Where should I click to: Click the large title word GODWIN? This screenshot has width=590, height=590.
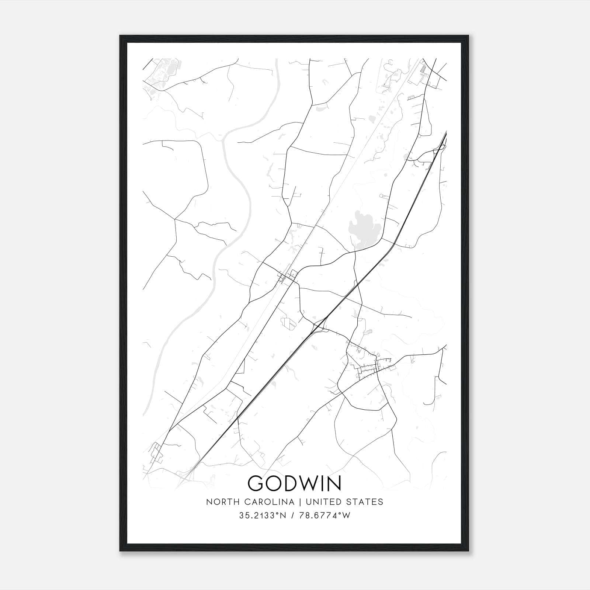click(x=295, y=483)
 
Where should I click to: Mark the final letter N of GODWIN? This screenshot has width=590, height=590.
click(x=334, y=483)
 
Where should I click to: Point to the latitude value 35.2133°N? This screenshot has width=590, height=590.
click(x=263, y=516)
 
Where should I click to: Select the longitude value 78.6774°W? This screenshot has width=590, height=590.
click(x=325, y=516)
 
